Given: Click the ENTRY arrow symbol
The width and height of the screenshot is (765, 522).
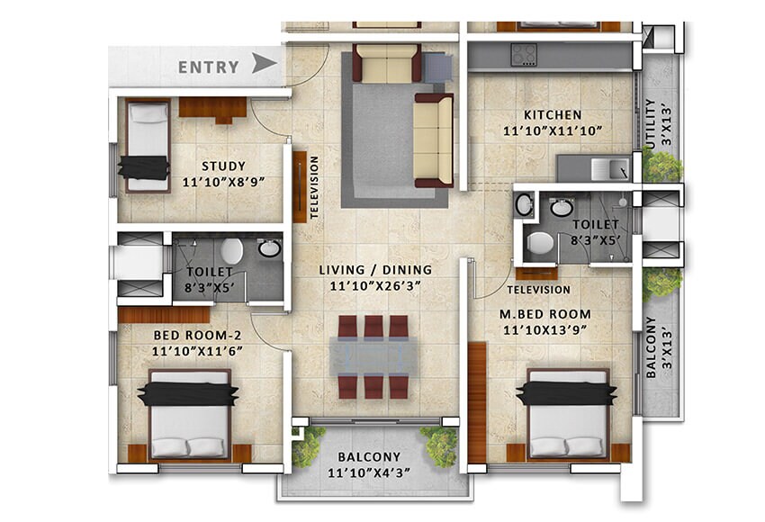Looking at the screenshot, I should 263,64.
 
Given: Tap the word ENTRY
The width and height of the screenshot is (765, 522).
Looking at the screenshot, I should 209,67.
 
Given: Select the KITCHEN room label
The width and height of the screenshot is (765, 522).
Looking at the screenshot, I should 553,115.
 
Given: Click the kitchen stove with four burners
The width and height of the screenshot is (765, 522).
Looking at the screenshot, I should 524,56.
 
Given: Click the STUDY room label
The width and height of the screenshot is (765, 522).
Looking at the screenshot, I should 223,166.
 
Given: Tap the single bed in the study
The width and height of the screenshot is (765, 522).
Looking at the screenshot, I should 147,147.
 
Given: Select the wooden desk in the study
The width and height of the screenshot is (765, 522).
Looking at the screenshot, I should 212,109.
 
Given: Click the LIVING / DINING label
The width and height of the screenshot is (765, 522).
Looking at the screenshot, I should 377,269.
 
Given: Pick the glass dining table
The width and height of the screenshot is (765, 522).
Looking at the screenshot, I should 373,355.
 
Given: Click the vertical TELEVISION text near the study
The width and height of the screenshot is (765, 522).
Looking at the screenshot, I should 314,188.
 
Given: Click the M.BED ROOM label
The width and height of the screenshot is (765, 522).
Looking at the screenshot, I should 546,314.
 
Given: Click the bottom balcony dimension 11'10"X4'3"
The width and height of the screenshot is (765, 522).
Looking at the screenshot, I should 371,472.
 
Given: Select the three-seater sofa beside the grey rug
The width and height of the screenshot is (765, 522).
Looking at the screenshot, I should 434,139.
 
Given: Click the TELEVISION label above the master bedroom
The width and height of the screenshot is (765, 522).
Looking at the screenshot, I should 538,290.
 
